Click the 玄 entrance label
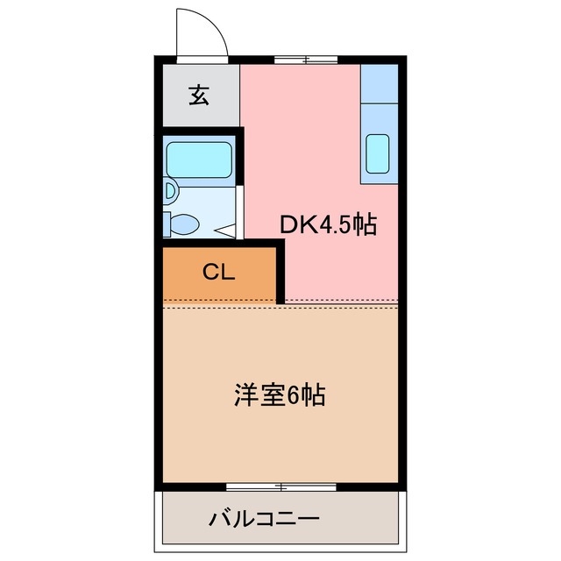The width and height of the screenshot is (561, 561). [199, 96]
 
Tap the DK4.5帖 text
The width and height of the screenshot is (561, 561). [328, 225]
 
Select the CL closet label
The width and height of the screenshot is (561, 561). [219, 273]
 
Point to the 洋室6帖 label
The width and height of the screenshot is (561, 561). [280, 396]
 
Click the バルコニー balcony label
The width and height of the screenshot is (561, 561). [264, 518]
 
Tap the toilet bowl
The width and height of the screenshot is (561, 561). [185, 224]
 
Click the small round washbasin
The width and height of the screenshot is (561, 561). [169, 190]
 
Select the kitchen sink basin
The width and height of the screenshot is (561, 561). [378, 154]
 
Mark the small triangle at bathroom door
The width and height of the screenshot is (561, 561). [225, 231]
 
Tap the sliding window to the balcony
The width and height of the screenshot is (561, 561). [280, 486]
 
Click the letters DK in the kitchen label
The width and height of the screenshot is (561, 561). [295, 225]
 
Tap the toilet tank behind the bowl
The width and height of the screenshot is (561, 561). [167, 224]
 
